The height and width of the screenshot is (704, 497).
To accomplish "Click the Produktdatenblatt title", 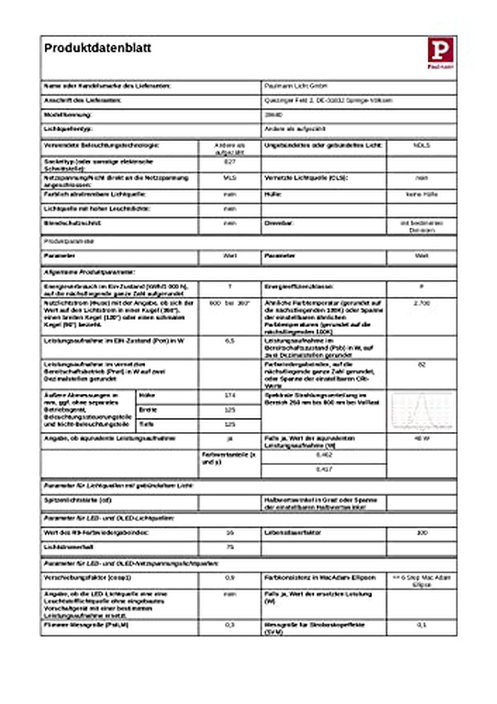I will click(x=98, y=48).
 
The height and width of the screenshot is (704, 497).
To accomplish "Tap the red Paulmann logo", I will click(x=440, y=53).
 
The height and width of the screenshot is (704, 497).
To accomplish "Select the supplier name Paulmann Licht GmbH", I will click(x=296, y=86).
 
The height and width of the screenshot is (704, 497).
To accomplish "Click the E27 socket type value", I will click(x=229, y=162).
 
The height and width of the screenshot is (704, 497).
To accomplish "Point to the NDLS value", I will click(x=422, y=146).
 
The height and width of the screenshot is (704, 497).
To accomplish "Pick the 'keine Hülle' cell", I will click(x=422, y=194).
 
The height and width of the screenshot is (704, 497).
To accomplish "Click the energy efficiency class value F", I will click(x=422, y=287).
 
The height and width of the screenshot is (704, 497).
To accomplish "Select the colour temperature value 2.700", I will click(x=422, y=303).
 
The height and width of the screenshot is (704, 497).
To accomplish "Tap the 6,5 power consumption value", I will click(x=229, y=341).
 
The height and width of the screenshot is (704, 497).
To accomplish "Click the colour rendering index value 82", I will click(x=422, y=365).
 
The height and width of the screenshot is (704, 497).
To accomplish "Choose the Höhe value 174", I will click(x=229, y=396).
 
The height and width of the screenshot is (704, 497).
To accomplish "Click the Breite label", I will click(x=148, y=410).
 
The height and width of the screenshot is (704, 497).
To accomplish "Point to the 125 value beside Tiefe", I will click(x=229, y=424).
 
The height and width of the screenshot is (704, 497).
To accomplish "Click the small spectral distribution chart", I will click(x=422, y=411).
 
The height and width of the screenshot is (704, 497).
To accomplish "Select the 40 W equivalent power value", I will click(x=422, y=438).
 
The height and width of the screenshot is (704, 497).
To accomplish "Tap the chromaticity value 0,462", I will click(x=323, y=455).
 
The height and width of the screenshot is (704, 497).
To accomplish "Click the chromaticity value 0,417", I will click(x=323, y=469).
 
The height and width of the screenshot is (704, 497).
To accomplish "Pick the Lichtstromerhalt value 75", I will click(x=229, y=547).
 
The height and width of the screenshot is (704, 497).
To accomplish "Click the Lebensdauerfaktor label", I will click(x=292, y=532).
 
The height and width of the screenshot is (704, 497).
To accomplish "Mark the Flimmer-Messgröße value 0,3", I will click(x=229, y=625).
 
